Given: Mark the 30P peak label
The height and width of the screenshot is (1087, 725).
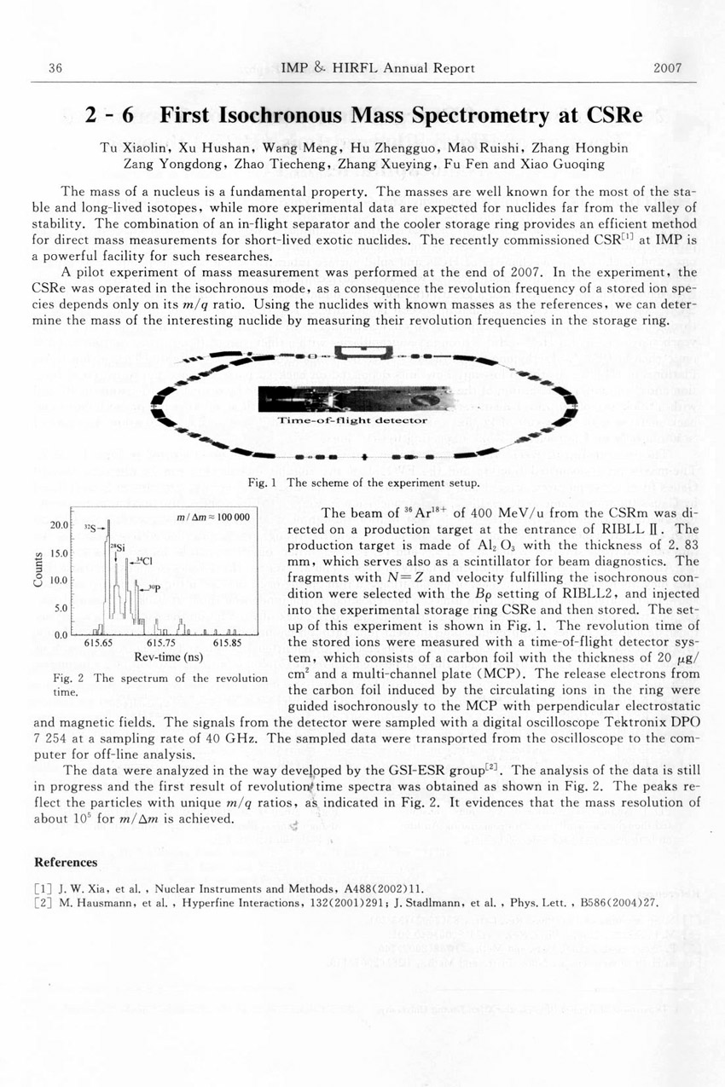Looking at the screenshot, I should click(x=154, y=587).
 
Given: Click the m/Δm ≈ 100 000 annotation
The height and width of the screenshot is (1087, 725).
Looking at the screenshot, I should click(x=212, y=517).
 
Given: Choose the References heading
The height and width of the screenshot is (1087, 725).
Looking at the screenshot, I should click(x=63, y=861).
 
